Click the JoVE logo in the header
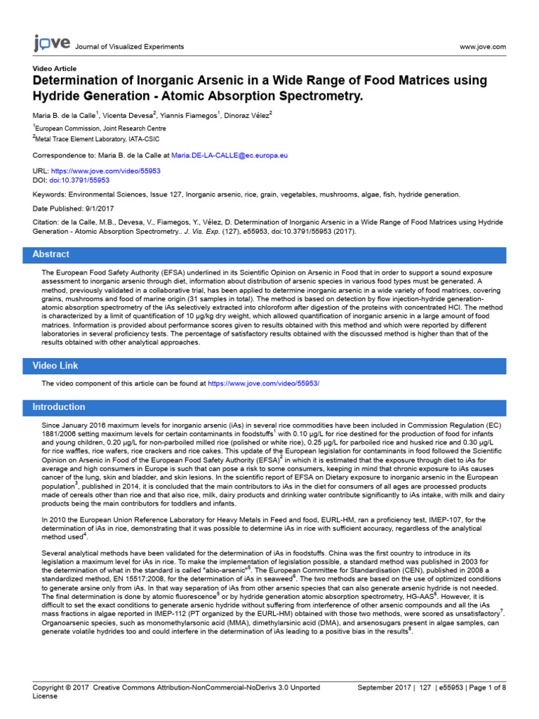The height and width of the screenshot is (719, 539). coord(51,44)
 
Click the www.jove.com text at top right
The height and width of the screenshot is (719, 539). coord(482,47)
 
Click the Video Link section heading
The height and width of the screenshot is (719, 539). coord(55,366)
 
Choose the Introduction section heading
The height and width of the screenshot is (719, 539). coord(59,407)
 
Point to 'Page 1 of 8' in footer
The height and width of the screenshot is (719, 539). coord(487,687)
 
